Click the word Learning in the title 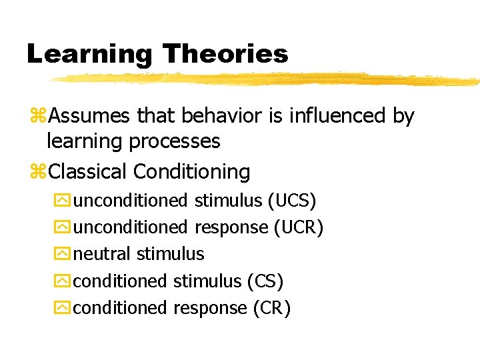pyautogui.click(x=89, y=54)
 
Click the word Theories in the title pyautogui.click(x=225, y=53)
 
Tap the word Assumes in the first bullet pyautogui.click(x=90, y=117)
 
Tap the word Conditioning pyautogui.click(x=192, y=172)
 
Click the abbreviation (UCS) pyautogui.click(x=292, y=201)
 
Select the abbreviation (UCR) pyautogui.click(x=299, y=227)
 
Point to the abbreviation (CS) pyautogui.click(x=265, y=281)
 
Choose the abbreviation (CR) pyautogui.click(x=272, y=308)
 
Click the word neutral pyautogui.click(x=102, y=254)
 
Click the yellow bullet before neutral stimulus pyautogui.click(x=62, y=255)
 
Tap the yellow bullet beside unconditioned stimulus pyautogui.click(x=62, y=201)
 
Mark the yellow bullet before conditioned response pyautogui.click(x=62, y=309)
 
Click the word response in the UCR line pyautogui.click(x=231, y=228)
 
